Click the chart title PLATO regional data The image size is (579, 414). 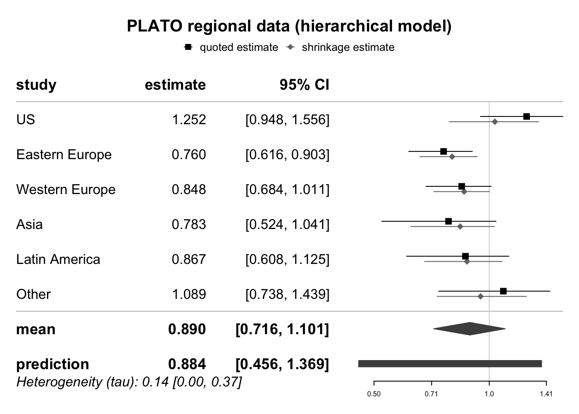[x=289, y=26]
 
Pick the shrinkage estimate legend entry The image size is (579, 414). [x=340, y=47]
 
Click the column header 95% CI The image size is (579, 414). [x=304, y=85]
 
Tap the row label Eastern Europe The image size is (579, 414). [x=64, y=154]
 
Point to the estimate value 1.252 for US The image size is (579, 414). [x=189, y=119]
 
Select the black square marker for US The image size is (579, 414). [x=526, y=116]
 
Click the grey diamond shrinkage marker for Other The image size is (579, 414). [x=481, y=296]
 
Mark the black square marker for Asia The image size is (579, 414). [x=448, y=221]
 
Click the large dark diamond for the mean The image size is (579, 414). [x=470, y=329]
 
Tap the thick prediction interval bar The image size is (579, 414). [x=450, y=364]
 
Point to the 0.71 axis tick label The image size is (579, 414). [x=431, y=394]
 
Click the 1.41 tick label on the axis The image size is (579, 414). [x=546, y=394]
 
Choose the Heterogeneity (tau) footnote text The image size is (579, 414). [x=129, y=382]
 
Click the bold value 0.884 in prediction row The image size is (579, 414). [x=187, y=364]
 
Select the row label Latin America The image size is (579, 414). [x=58, y=259]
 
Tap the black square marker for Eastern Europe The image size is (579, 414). [x=444, y=151]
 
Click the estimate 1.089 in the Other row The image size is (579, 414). [x=189, y=294]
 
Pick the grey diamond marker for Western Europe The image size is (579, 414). [x=464, y=191]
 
